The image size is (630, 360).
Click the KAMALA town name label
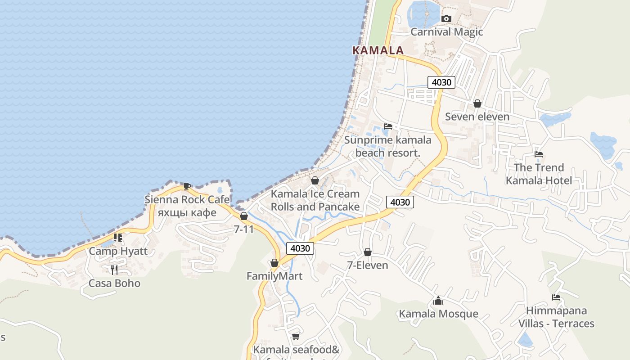click(378, 50)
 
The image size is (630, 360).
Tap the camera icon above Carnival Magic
click(446, 18)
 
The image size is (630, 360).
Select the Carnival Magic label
click(446, 32)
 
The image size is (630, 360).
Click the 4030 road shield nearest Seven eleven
click(441, 82)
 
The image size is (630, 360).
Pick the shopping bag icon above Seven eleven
click(477, 104)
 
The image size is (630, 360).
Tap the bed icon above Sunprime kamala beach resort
click(388, 126)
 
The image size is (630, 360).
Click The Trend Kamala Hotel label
click(539, 174)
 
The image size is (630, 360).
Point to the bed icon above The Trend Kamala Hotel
click(539, 154)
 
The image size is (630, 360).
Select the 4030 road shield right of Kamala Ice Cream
click(400, 202)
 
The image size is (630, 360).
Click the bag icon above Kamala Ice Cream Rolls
click(315, 181)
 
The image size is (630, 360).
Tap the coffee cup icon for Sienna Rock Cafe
click(187, 186)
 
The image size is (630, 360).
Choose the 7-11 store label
click(244, 229)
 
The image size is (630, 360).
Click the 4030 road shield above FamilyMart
click(300, 248)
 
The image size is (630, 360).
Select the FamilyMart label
click(274, 276)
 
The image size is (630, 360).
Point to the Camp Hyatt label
click(118, 251)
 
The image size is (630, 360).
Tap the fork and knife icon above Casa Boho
click(114, 270)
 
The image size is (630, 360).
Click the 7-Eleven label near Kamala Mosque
click(368, 265)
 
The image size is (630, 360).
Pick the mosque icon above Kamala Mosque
click(438, 301)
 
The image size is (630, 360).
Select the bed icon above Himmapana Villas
click(556, 297)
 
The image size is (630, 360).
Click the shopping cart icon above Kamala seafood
click(296, 336)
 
